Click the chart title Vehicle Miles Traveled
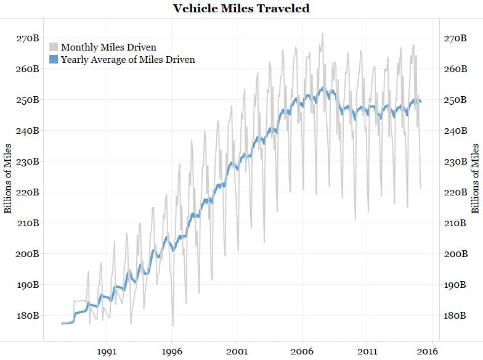point(241,9)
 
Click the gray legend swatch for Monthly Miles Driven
point(54,47)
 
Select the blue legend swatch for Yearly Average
point(54,60)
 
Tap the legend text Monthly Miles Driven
point(108,47)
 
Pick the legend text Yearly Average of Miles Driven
point(128,60)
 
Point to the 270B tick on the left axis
point(27,38)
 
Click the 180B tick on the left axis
point(27,316)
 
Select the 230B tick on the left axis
point(27,162)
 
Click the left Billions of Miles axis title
point(8,178)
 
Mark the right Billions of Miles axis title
point(476,178)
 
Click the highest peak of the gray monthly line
point(322,34)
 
